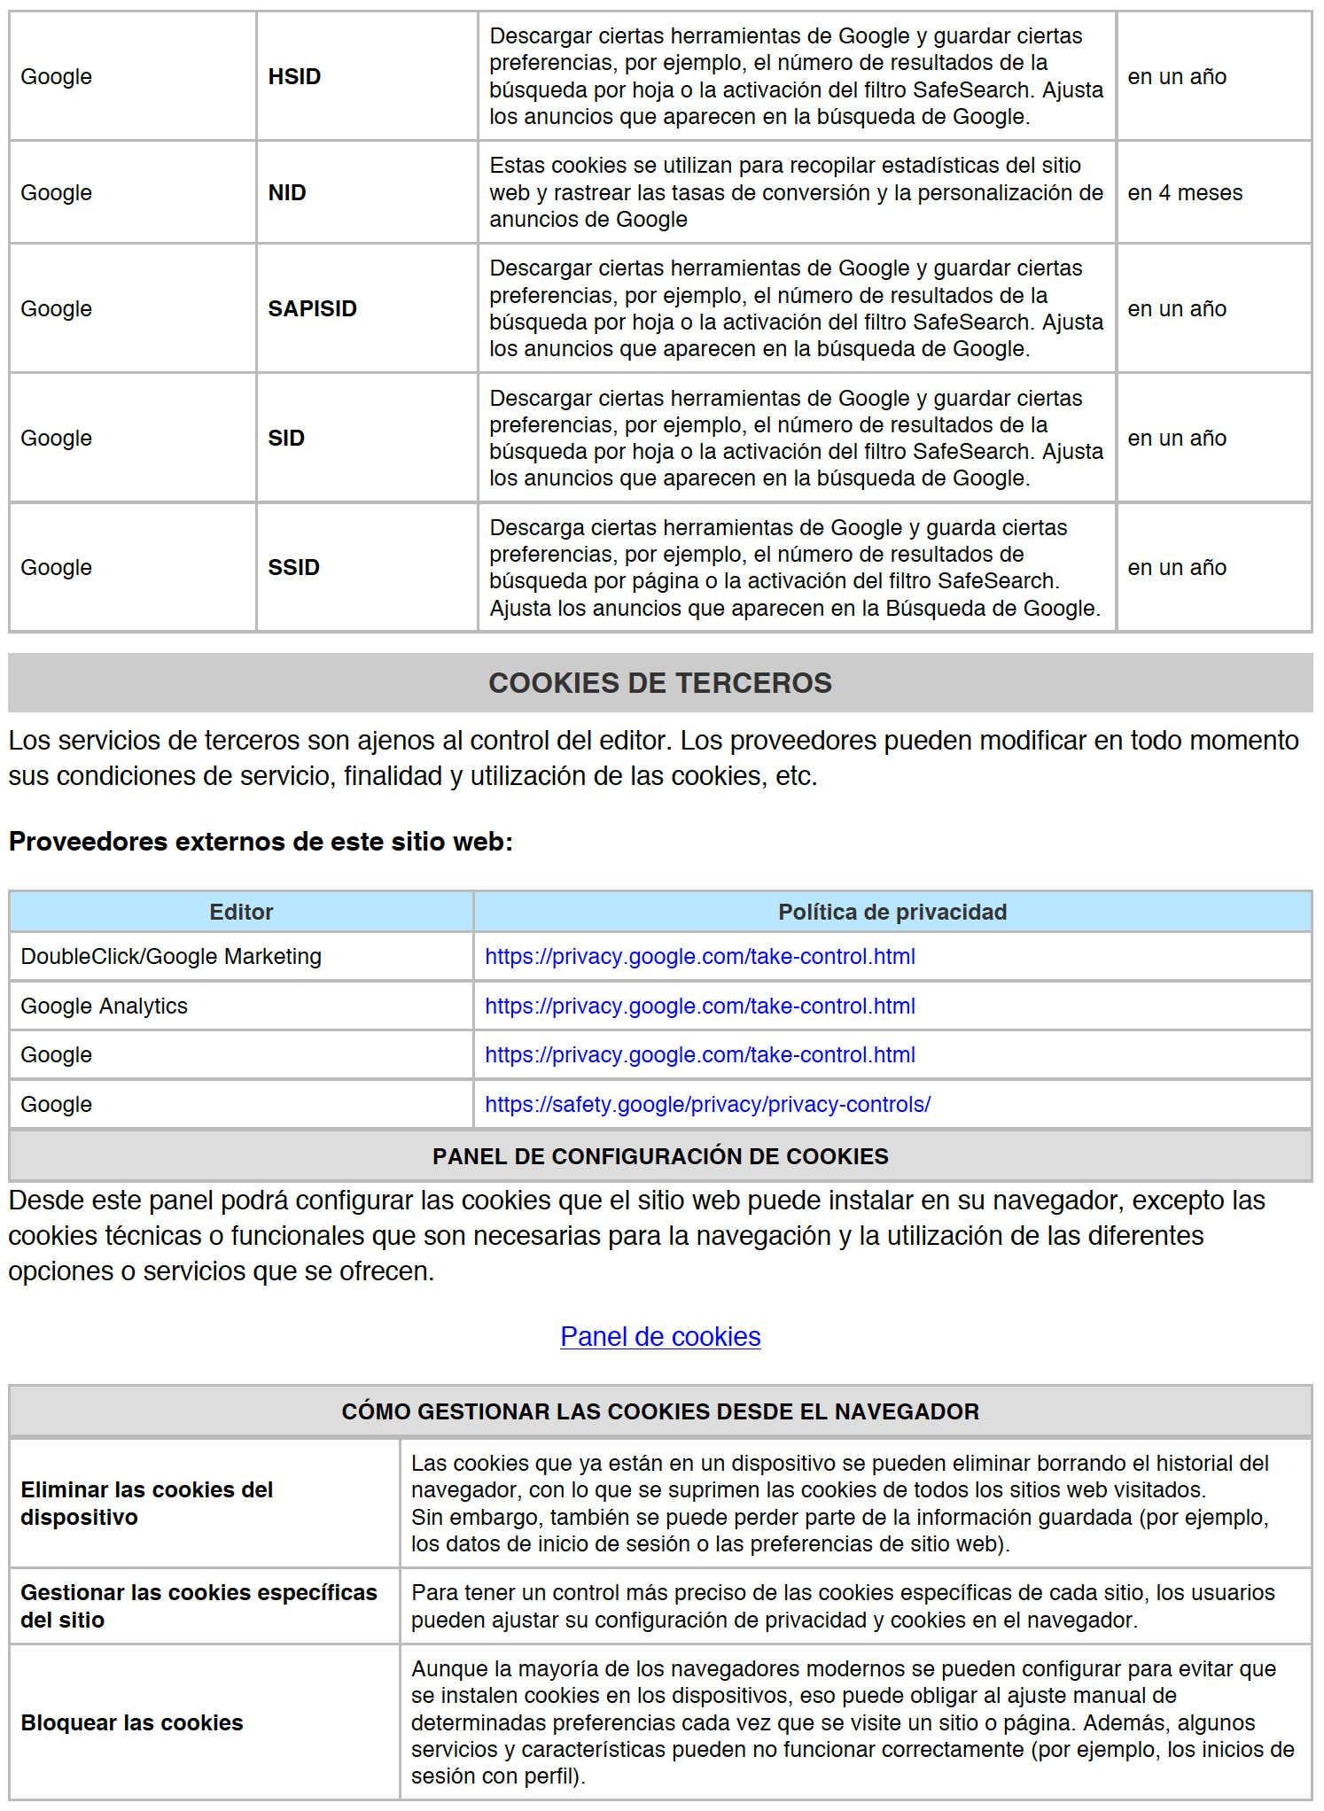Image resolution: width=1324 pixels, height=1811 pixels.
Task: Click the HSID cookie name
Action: [x=294, y=77]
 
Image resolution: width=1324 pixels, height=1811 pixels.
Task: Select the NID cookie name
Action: [x=287, y=193]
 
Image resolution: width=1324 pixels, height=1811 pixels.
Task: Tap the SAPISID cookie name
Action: [x=312, y=309]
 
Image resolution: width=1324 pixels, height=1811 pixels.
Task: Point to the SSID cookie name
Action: [x=293, y=568]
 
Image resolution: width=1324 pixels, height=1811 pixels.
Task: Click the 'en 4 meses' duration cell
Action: [x=1184, y=193]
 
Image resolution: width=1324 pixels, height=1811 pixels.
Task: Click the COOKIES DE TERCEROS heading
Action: [x=660, y=683]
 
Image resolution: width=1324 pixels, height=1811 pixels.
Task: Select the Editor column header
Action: [x=241, y=913]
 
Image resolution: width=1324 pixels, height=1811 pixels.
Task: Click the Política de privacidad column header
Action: [x=892, y=913]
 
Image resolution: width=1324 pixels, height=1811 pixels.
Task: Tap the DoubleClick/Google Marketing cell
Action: [x=171, y=957]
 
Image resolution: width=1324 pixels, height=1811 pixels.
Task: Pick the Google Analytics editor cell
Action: [x=105, y=1007]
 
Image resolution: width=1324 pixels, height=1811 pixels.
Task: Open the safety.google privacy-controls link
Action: [x=707, y=1105]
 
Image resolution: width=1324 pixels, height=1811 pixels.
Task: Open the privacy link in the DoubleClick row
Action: [x=699, y=957]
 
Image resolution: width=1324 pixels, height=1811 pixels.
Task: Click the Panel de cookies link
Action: [x=660, y=1337]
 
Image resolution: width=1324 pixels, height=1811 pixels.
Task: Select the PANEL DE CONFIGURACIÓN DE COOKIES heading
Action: [x=660, y=1156]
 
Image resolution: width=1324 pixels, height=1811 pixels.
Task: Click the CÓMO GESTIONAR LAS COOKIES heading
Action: [x=660, y=1412]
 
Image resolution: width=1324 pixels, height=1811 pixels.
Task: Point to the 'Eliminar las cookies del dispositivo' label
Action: [x=146, y=1504]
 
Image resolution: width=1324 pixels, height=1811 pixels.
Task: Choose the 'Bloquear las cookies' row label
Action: [x=132, y=1723]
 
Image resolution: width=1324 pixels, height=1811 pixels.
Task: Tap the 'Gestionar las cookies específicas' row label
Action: [x=199, y=1606]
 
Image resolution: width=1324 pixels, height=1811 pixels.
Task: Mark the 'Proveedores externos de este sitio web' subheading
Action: [x=261, y=842]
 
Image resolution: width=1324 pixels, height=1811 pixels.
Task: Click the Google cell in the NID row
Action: [x=57, y=193]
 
